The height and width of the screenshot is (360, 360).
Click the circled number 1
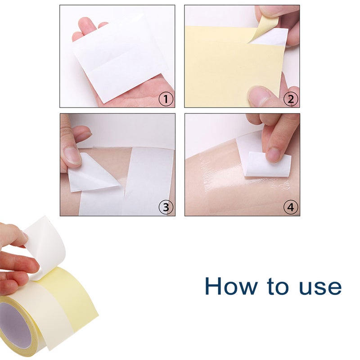pyautogui.click(x=166, y=99)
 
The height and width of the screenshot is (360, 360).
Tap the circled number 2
pyautogui.click(x=291, y=99)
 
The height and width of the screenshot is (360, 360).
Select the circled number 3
pyautogui.click(x=166, y=207)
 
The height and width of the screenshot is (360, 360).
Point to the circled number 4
pyautogui.click(x=291, y=207)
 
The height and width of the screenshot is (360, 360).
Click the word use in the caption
pyautogui.click(x=318, y=287)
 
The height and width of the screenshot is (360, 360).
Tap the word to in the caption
pyautogui.click(x=270, y=287)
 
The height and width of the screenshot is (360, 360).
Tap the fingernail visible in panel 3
pyautogui.click(x=72, y=155)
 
